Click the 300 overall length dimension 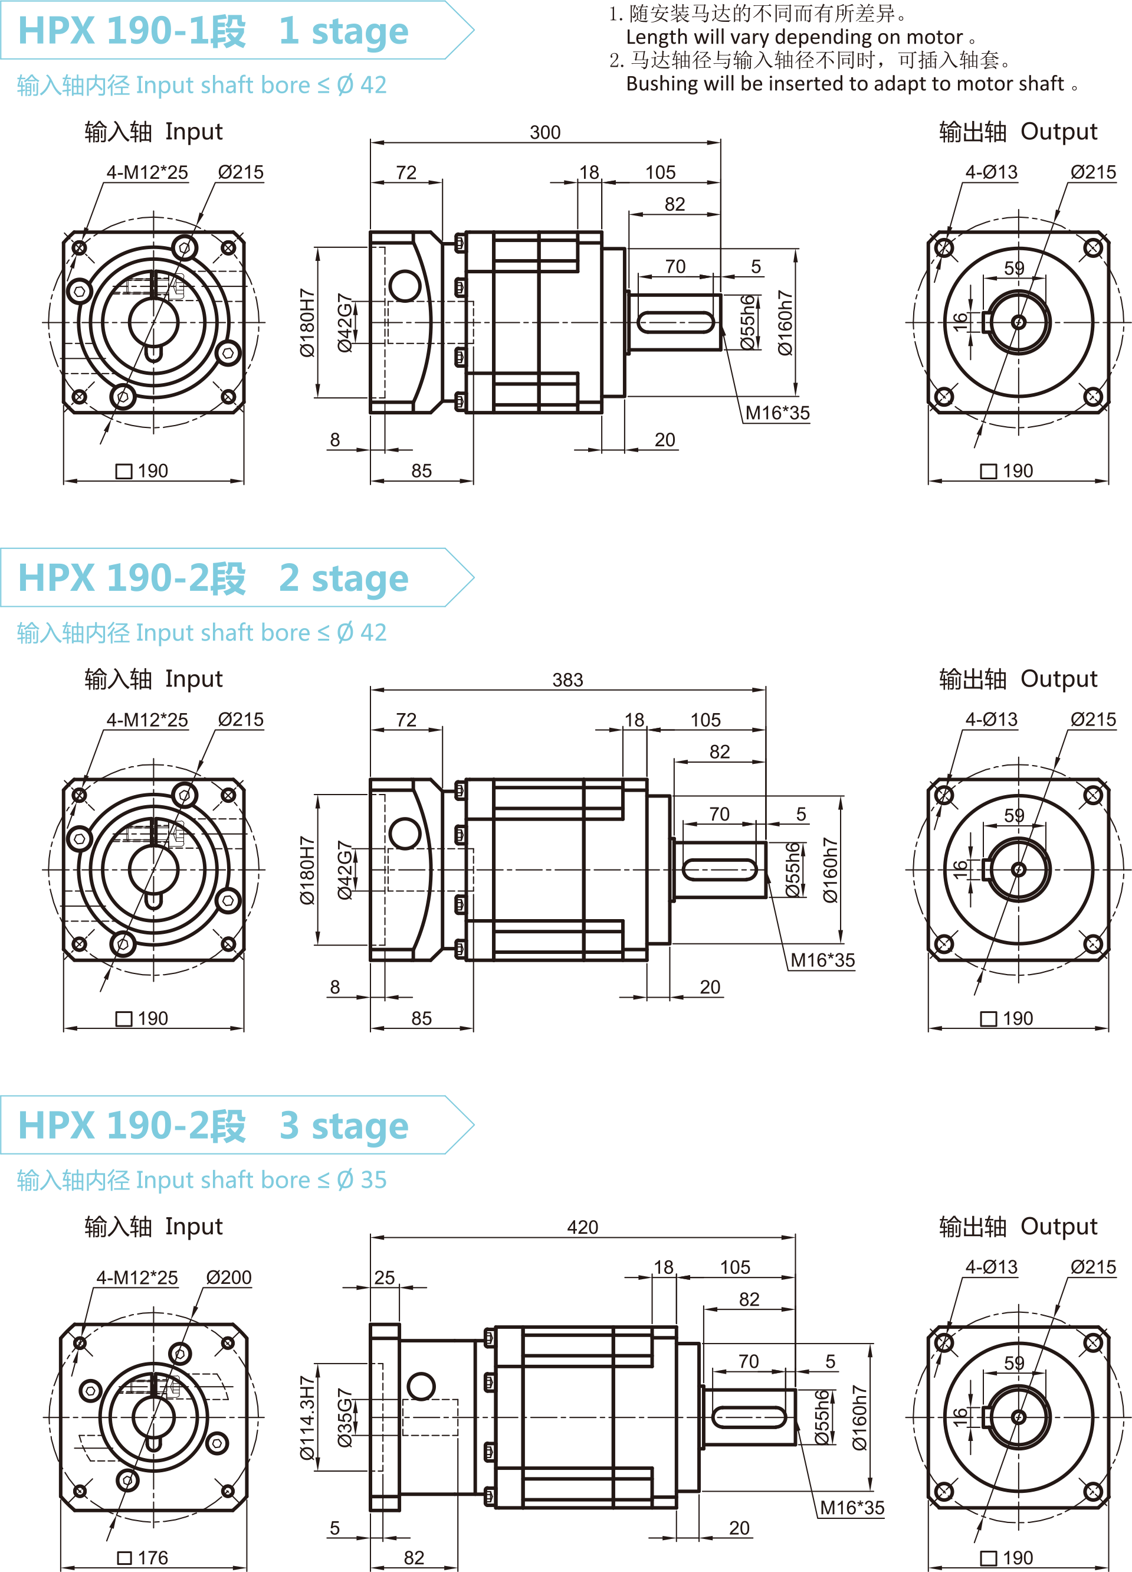click(x=544, y=132)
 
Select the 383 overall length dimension click(x=567, y=680)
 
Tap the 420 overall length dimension click(x=582, y=1227)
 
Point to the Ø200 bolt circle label click(x=229, y=1277)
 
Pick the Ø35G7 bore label click(x=345, y=1417)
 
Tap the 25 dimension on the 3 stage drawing click(x=385, y=1277)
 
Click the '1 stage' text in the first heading click(x=344, y=32)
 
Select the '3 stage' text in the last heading click(x=344, y=1126)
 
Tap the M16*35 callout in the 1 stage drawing click(x=777, y=413)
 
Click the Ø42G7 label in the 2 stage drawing click(x=345, y=870)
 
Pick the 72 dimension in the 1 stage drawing click(x=406, y=172)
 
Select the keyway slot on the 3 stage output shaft click(x=748, y=1417)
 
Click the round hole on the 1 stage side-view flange click(x=405, y=286)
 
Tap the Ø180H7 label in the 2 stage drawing click(x=307, y=870)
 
